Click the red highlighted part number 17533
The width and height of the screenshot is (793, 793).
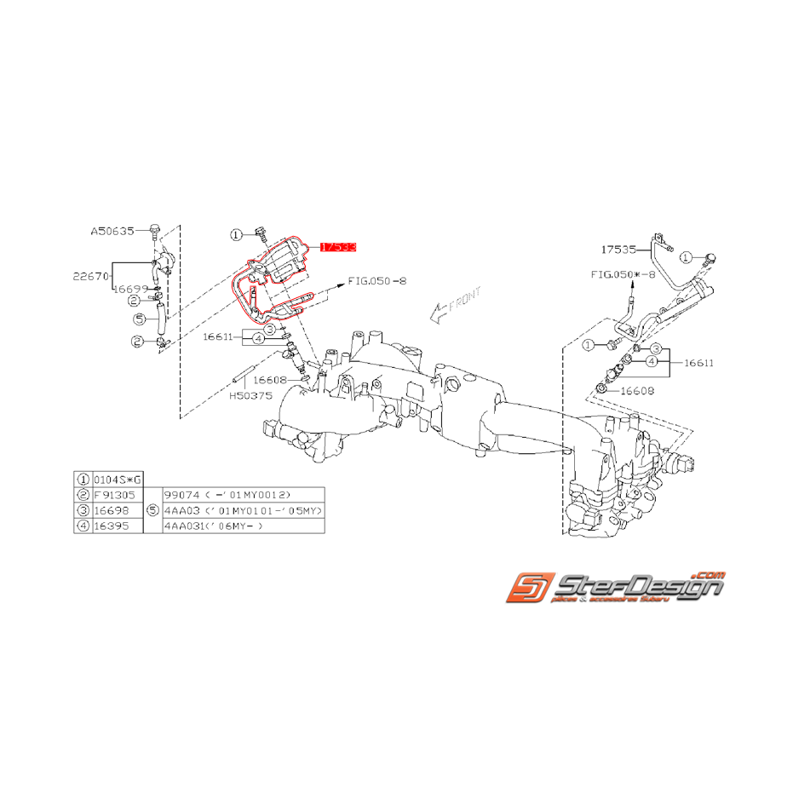click(338, 247)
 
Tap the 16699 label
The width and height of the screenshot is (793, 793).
click(132, 289)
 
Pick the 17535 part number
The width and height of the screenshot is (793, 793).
click(618, 250)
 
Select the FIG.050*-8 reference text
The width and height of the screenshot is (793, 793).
click(623, 275)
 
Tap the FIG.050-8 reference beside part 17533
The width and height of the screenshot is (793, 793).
click(376, 279)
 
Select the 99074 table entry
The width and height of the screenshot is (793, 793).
click(227, 495)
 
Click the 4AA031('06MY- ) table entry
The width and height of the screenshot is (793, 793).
click(216, 526)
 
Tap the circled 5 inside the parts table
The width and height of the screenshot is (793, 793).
click(152, 511)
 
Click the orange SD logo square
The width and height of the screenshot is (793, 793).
click(527, 588)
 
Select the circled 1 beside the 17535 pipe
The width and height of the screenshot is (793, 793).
click(687, 257)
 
